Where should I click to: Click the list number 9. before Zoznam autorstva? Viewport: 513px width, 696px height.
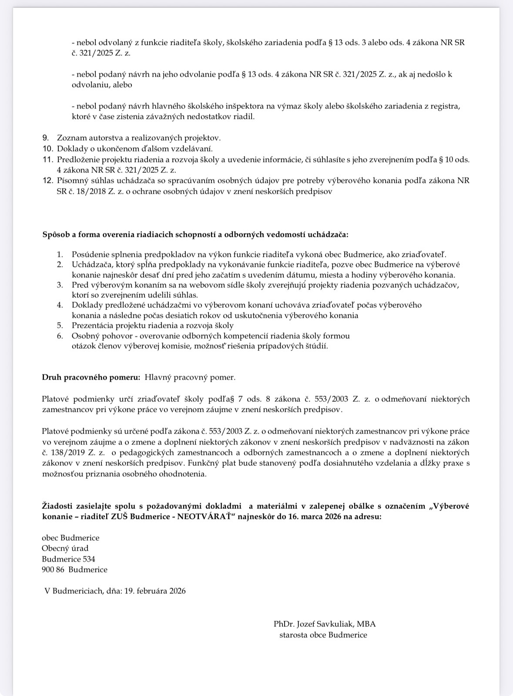coord(46,138)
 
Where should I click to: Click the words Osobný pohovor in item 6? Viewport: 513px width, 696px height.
coord(102,336)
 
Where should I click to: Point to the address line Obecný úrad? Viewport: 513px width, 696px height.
coord(65,548)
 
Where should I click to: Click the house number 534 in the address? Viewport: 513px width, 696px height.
coord(89,559)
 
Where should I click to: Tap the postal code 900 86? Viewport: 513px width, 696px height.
coord(53,570)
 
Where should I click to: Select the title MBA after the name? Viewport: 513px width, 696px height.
coord(366,624)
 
